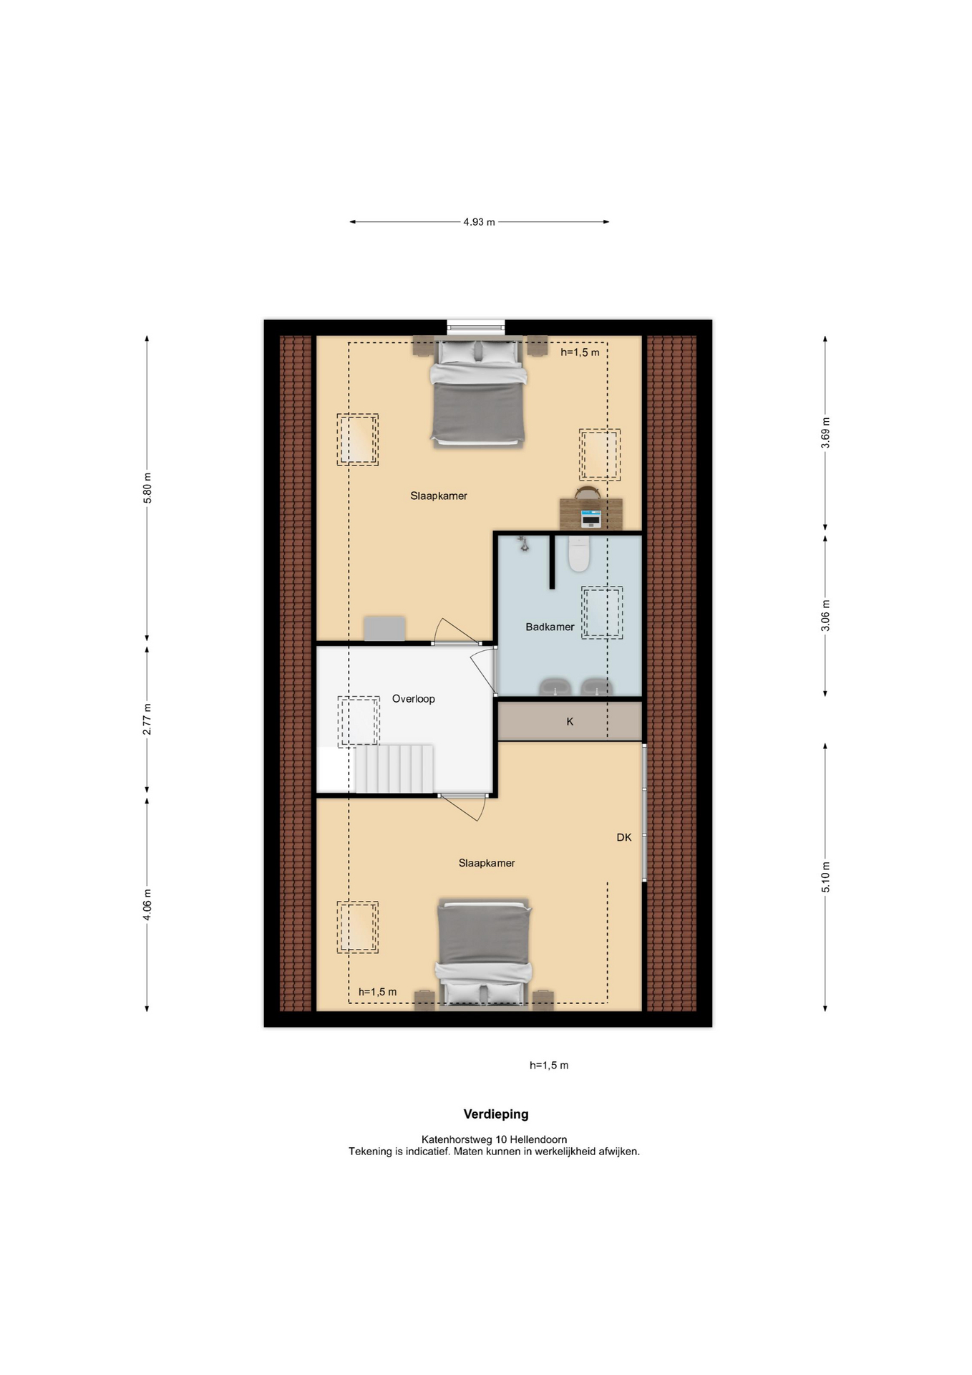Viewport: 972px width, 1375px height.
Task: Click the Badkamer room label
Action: coord(550,627)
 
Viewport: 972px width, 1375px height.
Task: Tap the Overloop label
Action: coord(413,699)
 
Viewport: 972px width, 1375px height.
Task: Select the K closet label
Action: coord(570,721)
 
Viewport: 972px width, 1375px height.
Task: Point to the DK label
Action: coord(624,837)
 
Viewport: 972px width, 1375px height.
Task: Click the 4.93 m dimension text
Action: coord(479,222)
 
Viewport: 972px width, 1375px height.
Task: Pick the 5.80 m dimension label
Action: coord(147,488)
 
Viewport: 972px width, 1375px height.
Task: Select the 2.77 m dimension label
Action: coord(147,719)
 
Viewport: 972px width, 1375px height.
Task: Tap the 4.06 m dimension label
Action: coord(147,904)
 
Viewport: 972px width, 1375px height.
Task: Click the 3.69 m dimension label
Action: coord(825,433)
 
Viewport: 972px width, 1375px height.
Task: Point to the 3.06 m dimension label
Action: coord(825,616)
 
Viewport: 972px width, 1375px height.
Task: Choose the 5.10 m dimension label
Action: coord(825,877)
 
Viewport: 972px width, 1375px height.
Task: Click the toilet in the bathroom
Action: coord(578,554)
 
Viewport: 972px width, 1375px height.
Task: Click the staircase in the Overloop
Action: coord(394,769)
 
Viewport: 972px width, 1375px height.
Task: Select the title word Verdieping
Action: coord(496,1114)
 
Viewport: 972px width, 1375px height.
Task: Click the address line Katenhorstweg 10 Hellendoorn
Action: coord(494,1139)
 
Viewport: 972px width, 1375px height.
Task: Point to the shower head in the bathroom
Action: coord(524,544)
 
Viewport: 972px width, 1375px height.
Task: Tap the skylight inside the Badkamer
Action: coord(602,613)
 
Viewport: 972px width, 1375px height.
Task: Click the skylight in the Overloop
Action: coord(359,721)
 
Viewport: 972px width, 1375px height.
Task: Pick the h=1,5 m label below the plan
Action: coord(549,1065)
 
